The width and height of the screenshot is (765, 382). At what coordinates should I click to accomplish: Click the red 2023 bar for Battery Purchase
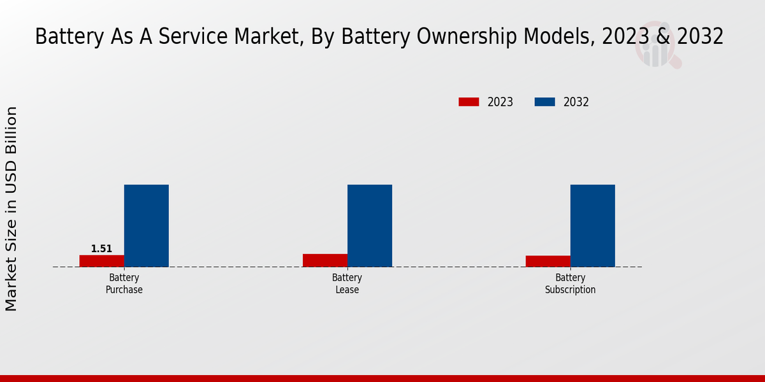click(x=102, y=261)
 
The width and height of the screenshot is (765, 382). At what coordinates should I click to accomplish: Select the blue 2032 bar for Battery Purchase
click(x=147, y=225)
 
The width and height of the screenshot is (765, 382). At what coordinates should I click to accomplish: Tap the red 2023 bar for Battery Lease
click(x=325, y=260)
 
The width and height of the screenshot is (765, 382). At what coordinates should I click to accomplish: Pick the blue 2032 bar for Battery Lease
click(x=370, y=225)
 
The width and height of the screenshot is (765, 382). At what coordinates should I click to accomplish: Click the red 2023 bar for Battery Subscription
click(x=548, y=261)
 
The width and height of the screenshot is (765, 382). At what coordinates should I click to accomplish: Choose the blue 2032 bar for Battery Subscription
click(x=593, y=225)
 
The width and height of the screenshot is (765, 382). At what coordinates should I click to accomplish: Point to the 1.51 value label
click(x=101, y=249)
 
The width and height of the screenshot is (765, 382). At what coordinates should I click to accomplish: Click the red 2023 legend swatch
click(x=469, y=102)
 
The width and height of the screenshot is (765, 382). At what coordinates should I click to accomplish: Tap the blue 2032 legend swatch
click(x=544, y=102)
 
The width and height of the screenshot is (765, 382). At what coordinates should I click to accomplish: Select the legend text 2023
click(x=500, y=102)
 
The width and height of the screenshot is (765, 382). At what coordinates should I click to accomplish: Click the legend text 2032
click(x=576, y=102)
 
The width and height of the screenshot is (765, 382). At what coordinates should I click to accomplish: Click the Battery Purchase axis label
click(x=124, y=284)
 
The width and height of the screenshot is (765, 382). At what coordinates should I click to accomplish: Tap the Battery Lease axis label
click(x=347, y=284)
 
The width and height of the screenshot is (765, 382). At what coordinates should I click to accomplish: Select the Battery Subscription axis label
click(x=570, y=284)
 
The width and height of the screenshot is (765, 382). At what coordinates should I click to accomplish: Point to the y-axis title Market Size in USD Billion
click(x=11, y=209)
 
